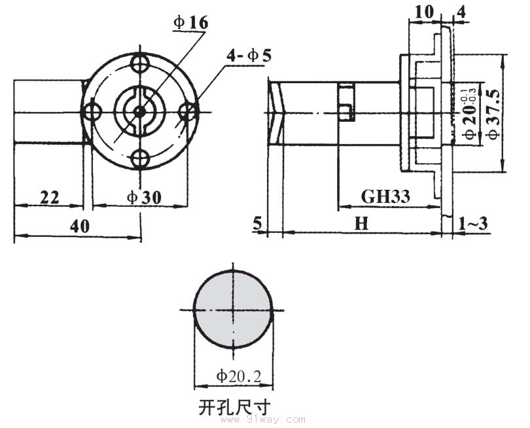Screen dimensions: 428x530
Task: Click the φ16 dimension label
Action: tap(190, 23)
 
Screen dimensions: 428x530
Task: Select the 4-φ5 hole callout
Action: tap(249, 56)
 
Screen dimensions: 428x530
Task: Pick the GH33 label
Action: tap(385, 196)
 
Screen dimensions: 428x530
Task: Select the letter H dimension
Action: tap(361, 224)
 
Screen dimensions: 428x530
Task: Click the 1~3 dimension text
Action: tap(473, 224)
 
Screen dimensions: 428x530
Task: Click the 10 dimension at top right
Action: tap(424, 12)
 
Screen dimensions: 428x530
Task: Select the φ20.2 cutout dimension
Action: tap(239, 376)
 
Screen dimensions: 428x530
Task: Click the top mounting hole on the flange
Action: tap(139, 63)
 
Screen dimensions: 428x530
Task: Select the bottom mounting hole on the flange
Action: tap(139, 158)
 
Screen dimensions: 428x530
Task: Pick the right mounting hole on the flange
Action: tap(187, 111)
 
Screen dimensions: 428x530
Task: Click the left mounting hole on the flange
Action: tap(92, 111)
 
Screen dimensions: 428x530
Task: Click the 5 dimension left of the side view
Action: tap(257, 224)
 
